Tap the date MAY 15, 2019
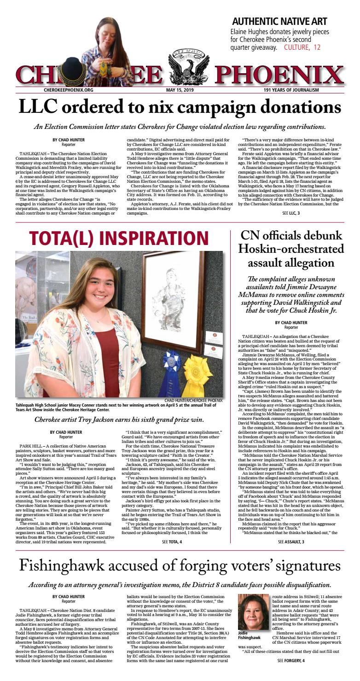179,90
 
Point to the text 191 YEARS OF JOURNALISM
291,90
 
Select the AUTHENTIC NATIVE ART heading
279,22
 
